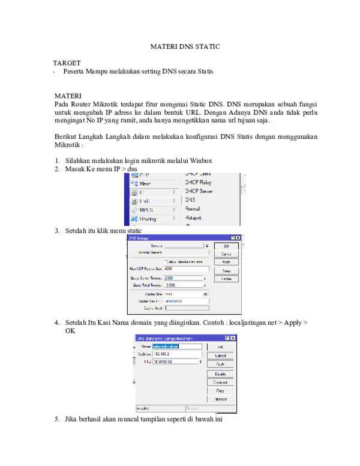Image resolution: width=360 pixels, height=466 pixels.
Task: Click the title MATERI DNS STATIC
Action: [x=185, y=46]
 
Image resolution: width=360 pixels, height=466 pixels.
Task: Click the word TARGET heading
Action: [x=67, y=62]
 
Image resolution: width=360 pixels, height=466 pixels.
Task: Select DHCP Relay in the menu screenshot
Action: [x=198, y=182]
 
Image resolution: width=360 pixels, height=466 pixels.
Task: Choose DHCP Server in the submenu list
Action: [x=199, y=191]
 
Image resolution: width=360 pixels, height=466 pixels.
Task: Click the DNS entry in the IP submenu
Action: [x=190, y=199]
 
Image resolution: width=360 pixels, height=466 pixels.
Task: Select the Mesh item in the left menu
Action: [x=145, y=183]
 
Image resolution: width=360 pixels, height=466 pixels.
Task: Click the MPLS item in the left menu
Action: [x=146, y=210]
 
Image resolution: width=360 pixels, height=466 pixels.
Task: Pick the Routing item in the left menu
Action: [x=148, y=219]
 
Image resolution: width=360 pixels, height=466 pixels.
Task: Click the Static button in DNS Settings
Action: [x=226, y=271]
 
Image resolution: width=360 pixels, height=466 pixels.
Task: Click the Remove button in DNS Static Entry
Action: [x=220, y=399]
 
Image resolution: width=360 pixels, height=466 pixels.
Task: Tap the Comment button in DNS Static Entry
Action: [x=220, y=382]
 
